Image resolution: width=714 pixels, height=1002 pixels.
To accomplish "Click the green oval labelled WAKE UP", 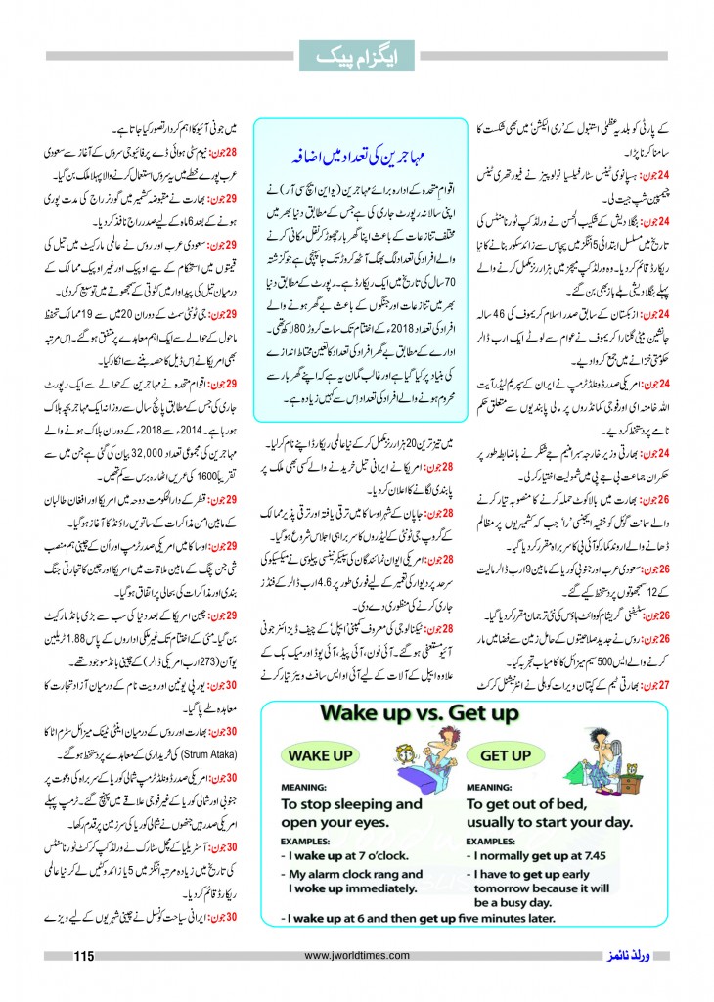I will [x=318, y=755].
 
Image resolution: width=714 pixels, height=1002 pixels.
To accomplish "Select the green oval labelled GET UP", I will [x=506, y=755].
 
